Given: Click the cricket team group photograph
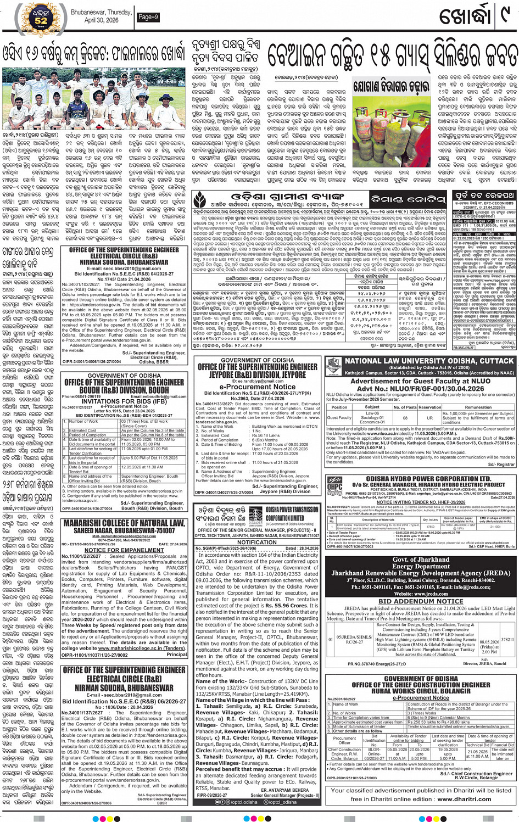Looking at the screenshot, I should (x=94, y=99).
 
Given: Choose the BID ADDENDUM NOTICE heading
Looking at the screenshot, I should (x=421, y=601).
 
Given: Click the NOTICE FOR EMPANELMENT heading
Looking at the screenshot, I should (x=124, y=550).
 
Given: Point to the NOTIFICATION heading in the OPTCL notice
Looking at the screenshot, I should (x=257, y=542).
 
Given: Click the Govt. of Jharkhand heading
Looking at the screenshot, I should (x=421, y=560).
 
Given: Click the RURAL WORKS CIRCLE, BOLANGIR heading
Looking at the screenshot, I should (x=421, y=691).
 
